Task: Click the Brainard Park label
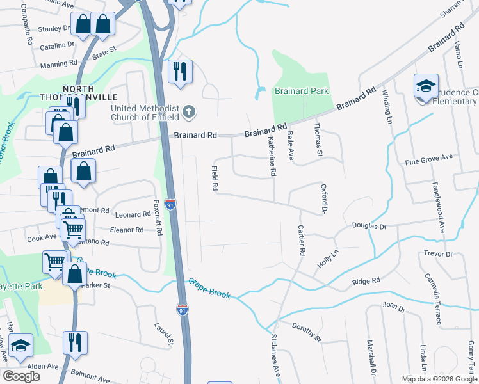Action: click(302, 92)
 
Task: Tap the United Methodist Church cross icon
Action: click(188, 112)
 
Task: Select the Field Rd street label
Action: click(215, 178)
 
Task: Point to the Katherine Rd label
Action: click(272, 156)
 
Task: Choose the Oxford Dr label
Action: click(324, 198)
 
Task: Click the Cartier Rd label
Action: click(301, 240)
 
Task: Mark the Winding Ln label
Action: click(388, 106)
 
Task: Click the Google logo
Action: click(22, 376)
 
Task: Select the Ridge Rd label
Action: click(366, 280)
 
